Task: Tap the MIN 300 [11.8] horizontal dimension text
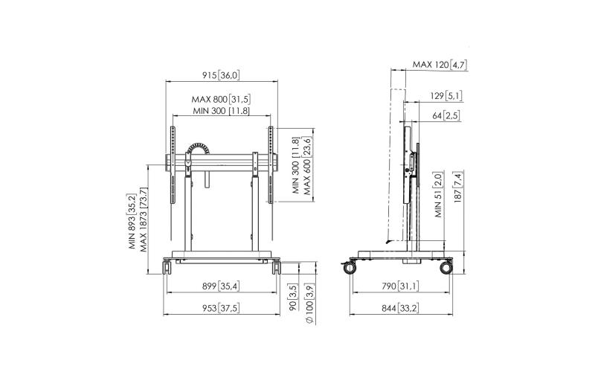(221, 111)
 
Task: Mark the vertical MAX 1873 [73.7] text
(144, 219)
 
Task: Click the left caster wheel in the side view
(350, 268)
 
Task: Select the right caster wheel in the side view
(446, 268)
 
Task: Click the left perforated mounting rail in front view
(173, 165)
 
